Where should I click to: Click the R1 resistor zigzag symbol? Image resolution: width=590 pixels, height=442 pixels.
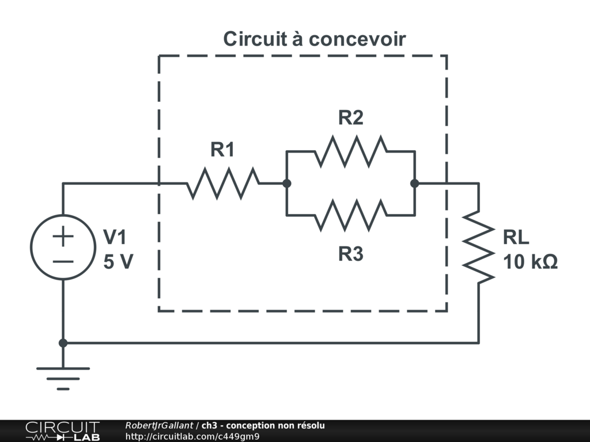pos(223,184)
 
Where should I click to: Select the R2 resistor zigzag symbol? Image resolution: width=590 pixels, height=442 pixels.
pos(351,151)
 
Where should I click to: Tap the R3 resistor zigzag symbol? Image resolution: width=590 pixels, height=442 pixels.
pos(351,215)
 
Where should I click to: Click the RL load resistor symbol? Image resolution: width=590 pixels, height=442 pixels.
pos(479,247)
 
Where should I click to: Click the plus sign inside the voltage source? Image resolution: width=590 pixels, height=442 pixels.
pos(63,237)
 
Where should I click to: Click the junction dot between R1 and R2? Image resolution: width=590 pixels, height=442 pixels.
pos(287,184)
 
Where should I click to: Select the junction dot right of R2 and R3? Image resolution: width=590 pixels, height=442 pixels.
pos(415,184)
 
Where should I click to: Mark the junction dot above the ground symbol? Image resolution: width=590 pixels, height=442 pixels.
pos(63,343)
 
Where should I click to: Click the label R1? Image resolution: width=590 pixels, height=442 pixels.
pos(222,150)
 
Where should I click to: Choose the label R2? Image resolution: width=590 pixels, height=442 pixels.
pos(351,117)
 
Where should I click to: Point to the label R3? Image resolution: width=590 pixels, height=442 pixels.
pos(351,254)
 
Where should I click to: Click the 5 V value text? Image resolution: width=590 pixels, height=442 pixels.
pos(118,262)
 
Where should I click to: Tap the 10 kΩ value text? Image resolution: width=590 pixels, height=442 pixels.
pos(530,262)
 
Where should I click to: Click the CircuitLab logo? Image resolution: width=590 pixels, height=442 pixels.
pos(63,430)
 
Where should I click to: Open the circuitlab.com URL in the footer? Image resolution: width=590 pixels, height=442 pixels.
pos(192,436)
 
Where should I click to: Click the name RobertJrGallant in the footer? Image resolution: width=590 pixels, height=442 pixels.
pos(159,425)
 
